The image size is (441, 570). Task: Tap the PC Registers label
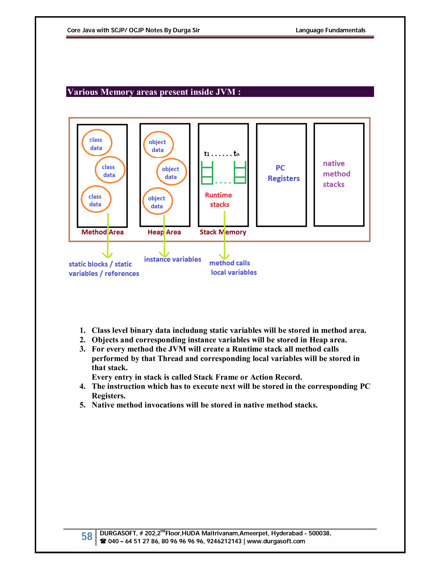[283, 173]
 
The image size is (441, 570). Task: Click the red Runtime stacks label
[219, 200]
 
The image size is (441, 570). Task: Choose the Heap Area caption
[164, 232]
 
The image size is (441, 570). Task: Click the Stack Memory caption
[223, 232]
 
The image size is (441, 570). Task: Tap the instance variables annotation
[172, 259]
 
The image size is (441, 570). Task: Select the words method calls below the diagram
[229, 263]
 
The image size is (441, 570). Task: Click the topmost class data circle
[97, 143]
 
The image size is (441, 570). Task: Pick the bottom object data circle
[157, 201]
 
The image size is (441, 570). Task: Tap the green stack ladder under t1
[207, 173]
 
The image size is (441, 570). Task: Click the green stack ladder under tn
[240, 173]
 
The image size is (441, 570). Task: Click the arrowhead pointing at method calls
[224, 256]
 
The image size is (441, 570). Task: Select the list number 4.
[82, 386]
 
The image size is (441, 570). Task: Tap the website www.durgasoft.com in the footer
[276, 541]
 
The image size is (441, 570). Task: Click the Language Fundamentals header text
[330, 30]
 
